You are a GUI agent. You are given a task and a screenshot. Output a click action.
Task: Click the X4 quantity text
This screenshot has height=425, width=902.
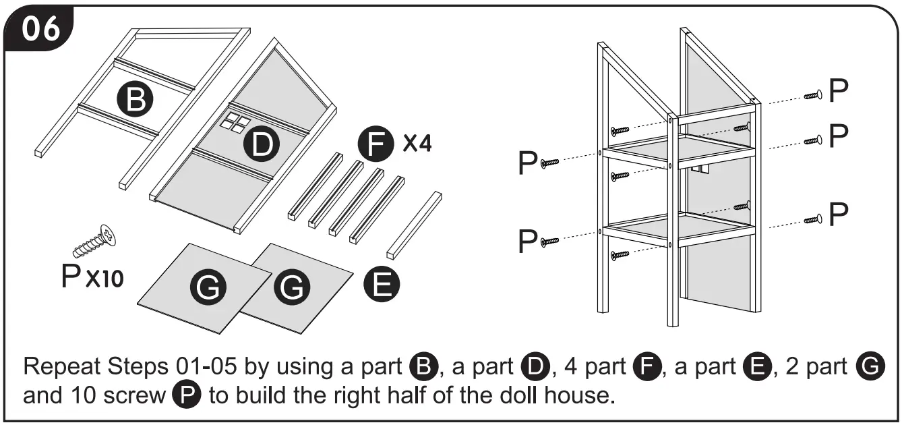(x=417, y=144)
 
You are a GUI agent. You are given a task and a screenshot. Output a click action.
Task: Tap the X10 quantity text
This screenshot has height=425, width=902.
(x=104, y=279)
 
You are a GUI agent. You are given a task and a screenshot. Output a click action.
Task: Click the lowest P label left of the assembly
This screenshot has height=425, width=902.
(x=529, y=242)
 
